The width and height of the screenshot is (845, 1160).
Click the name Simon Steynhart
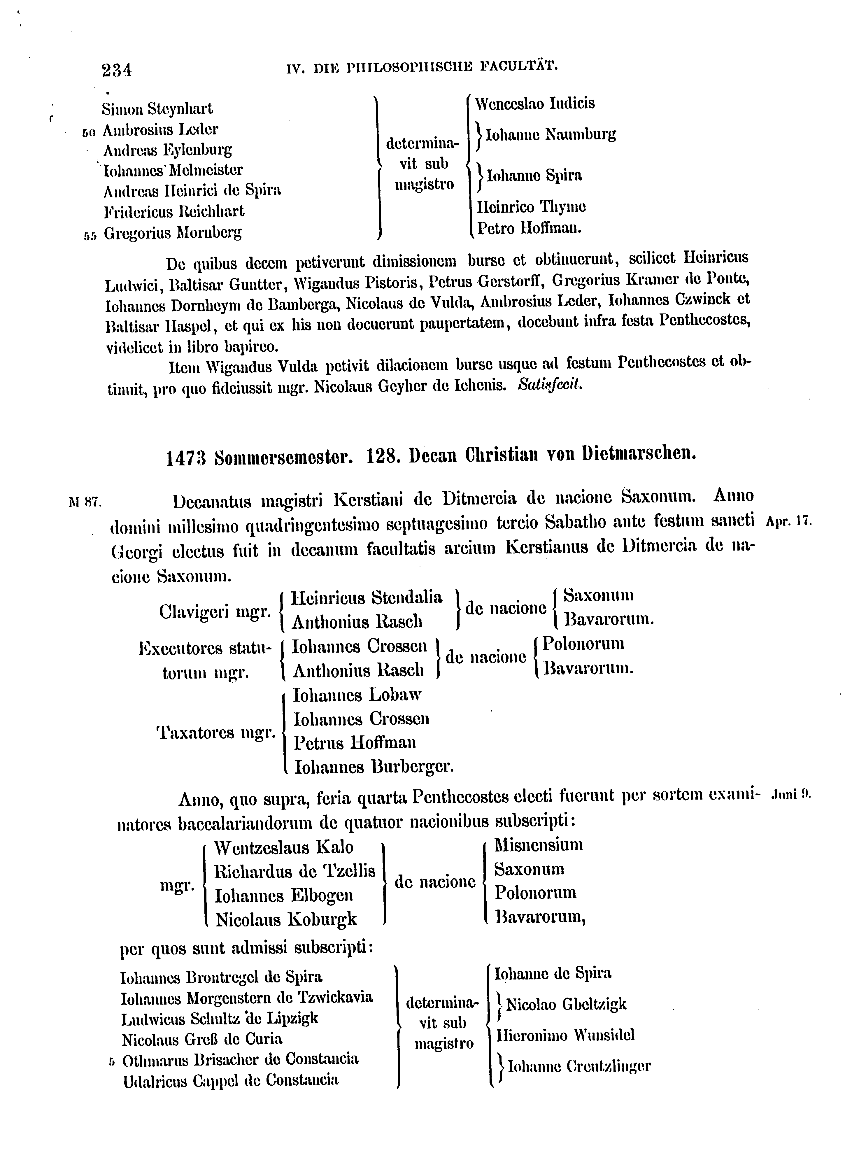point(157,109)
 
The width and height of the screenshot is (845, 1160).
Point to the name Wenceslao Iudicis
point(535,104)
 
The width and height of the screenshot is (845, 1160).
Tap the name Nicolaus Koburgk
point(286,920)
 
